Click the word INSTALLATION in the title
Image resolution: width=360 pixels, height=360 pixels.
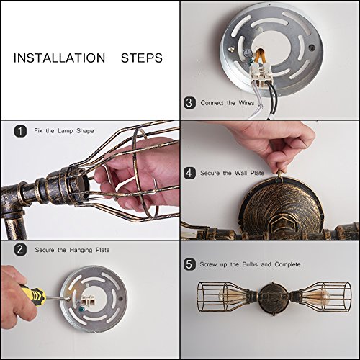coord(59,58)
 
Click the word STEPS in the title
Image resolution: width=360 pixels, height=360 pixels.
coord(142,58)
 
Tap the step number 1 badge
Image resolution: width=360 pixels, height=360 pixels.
coord(20,131)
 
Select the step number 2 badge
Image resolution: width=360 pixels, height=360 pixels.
coord(20,250)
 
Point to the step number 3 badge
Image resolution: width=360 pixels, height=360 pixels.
coord(189,103)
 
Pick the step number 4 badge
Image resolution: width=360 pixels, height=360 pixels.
coord(189,173)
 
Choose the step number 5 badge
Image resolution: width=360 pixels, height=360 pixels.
coord(189,264)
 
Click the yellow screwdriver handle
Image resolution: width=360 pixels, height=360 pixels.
coord(34,296)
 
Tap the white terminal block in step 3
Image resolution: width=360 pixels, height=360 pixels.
coord(262,73)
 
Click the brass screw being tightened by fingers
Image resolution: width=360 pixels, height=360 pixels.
coord(280,174)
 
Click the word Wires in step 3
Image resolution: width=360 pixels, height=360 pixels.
coord(246,103)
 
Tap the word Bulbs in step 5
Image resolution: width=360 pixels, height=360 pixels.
coord(250,264)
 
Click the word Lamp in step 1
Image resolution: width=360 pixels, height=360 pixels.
coord(66,131)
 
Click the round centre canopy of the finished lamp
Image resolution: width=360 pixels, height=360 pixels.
coord(273,298)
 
